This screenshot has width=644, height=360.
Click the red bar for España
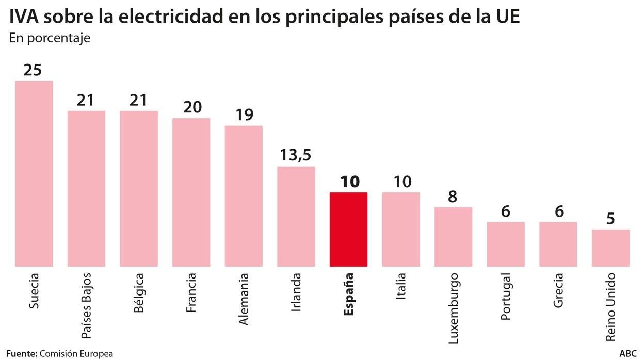[x=348, y=230]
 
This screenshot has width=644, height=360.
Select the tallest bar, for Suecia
[x=34, y=174]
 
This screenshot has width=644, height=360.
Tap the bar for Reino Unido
[x=610, y=248]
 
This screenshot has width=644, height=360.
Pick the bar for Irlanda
[x=296, y=217]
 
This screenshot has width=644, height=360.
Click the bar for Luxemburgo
[x=453, y=237]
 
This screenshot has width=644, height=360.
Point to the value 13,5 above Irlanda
[x=296, y=155]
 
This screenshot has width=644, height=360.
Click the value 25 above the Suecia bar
[x=33, y=70]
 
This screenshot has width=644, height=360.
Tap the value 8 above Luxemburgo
[x=453, y=197]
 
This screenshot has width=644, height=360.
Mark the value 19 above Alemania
[x=244, y=114]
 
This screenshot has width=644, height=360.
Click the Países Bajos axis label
[x=86, y=306]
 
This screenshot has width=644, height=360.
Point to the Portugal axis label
[x=505, y=296]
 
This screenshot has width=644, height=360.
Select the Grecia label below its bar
[x=558, y=290]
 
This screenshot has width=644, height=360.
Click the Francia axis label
[x=190, y=293]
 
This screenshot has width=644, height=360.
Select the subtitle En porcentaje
[x=50, y=39]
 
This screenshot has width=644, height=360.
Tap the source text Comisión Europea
[x=76, y=354]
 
